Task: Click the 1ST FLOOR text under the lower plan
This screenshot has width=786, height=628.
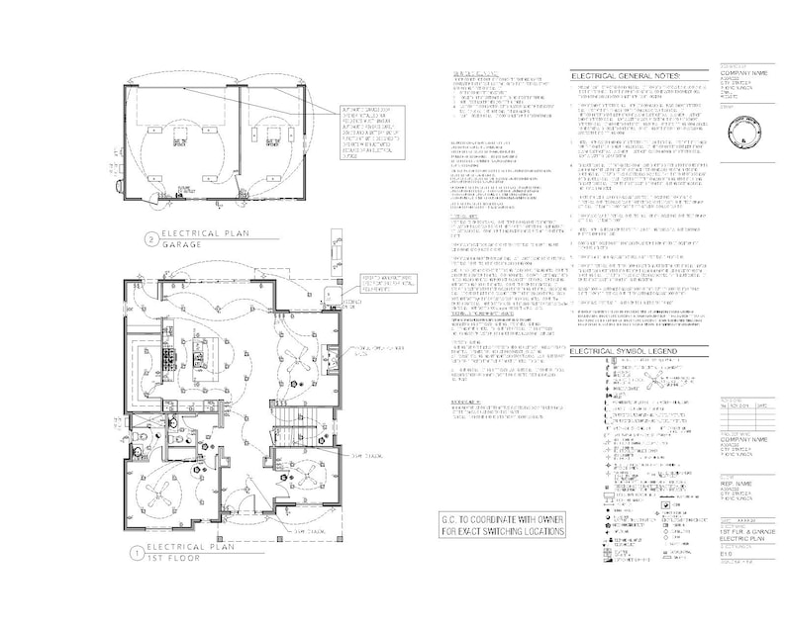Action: pos(172,560)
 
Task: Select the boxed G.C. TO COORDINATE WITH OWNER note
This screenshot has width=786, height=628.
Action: pos(503,524)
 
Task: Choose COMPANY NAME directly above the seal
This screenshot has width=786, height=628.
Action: pos(744,73)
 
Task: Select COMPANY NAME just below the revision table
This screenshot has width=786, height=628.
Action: pos(744,438)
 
